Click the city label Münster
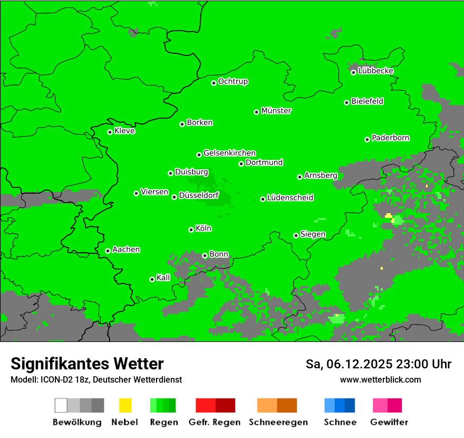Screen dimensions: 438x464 (276, 111)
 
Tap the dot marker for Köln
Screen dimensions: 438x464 (191, 230)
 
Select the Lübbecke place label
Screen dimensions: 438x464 (375, 71)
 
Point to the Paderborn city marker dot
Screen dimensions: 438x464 (367, 139)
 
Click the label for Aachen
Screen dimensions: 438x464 (126, 250)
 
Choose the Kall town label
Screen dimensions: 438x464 (163, 278)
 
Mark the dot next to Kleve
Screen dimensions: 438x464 (110, 132)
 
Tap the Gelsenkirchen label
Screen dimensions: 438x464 (229, 153)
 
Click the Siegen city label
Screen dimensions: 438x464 (313, 234)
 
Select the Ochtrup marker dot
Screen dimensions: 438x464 (214, 83)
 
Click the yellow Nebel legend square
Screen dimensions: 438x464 (125, 405)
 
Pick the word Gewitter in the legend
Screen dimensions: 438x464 (389, 422)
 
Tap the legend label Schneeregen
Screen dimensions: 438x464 (278, 422)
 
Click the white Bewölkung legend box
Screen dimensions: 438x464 (61, 405)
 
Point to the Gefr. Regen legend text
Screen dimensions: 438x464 (214, 422)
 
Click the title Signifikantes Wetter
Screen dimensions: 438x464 (87, 364)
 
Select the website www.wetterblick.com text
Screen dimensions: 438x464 (380, 379)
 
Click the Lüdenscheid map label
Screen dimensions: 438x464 (290, 198)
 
